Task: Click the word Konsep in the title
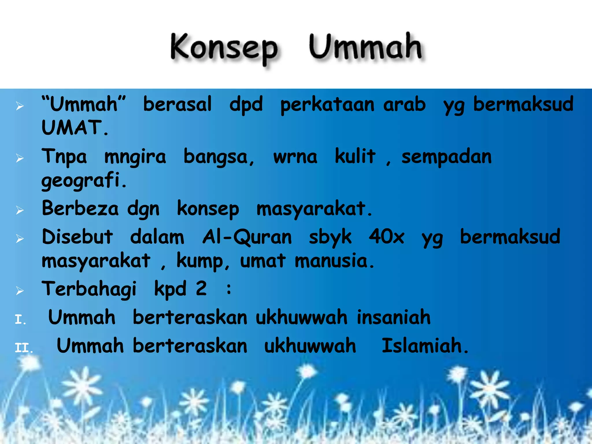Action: (224, 48)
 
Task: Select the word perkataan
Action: (327, 105)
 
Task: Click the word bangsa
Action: (219, 157)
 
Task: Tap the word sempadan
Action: (447, 157)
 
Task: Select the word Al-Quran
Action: (247, 237)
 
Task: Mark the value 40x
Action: (386, 237)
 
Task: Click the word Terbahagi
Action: (89, 289)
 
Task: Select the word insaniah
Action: (393, 317)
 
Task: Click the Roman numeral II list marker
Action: (23, 348)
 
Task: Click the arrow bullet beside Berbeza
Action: (20, 210)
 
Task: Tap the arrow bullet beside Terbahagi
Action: (20, 291)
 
